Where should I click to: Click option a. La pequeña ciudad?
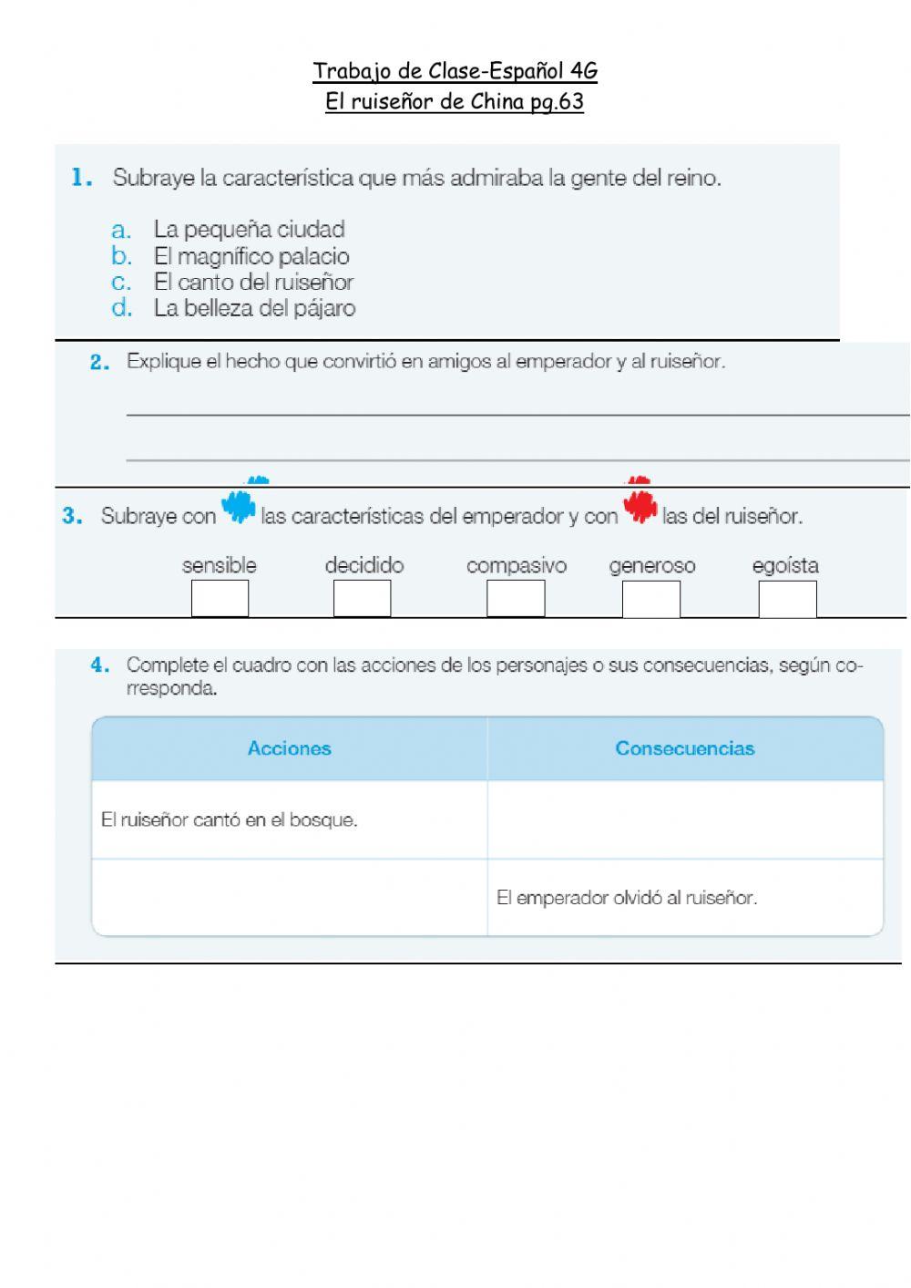click(x=248, y=229)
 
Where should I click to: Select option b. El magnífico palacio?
click(x=251, y=256)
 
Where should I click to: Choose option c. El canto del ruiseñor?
click(x=252, y=283)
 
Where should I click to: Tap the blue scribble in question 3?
click(x=240, y=507)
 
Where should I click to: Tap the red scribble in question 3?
click(x=640, y=507)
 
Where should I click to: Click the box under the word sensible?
click(x=220, y=599)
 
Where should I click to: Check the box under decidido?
click(x=362, y=599)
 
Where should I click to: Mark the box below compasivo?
click(x=516, y=599)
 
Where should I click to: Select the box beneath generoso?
click(x=650, y=599)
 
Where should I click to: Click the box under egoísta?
click(x=787, y=599)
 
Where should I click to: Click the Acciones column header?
click(x=290, y=749)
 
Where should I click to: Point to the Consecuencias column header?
click(x=684, y=749)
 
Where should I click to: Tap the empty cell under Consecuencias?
click(x=684, y=819)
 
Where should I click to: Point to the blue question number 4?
click(x=100, y=665)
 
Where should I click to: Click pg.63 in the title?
click(x=557, y=101)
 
